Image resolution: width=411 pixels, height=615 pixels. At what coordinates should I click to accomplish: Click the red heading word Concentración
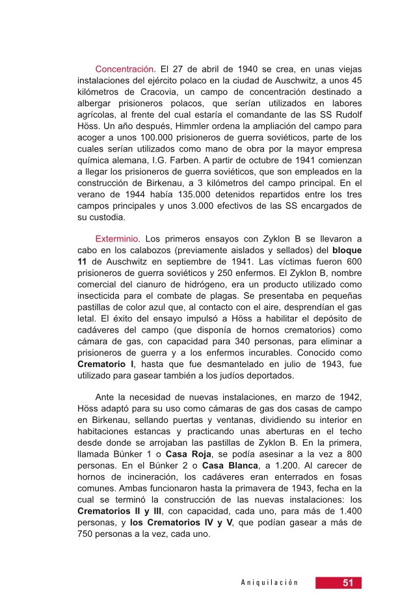125,68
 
